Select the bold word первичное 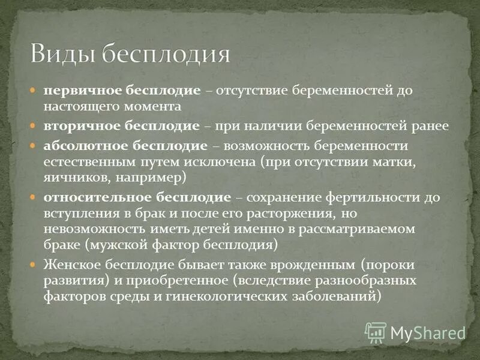(82, 91)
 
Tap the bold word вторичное (81, 127)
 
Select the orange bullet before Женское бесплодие (35, 265)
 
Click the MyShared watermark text (427, 332)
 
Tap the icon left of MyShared (376, 332)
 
